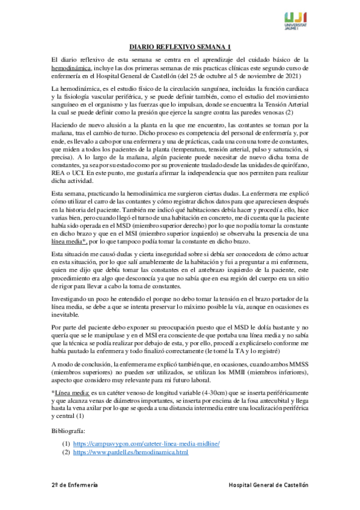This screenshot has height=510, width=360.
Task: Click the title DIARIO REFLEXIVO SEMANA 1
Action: click(180, 47)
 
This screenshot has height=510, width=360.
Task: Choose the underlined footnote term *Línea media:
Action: click(73, 392)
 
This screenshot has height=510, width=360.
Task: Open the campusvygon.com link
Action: click(146, 443)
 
